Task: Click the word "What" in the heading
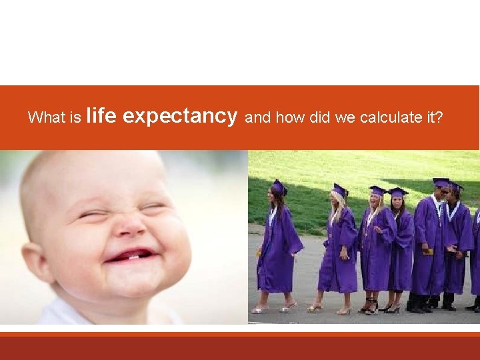tap(45, 118)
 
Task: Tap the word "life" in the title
tap(102, 116)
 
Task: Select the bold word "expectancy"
tap(180, 116)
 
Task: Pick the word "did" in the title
tap(321, 118)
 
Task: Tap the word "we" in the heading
tap(345, 118)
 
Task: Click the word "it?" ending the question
tap(434, 118)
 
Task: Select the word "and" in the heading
tap(258, 118)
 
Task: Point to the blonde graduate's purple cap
tap(340, 189)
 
